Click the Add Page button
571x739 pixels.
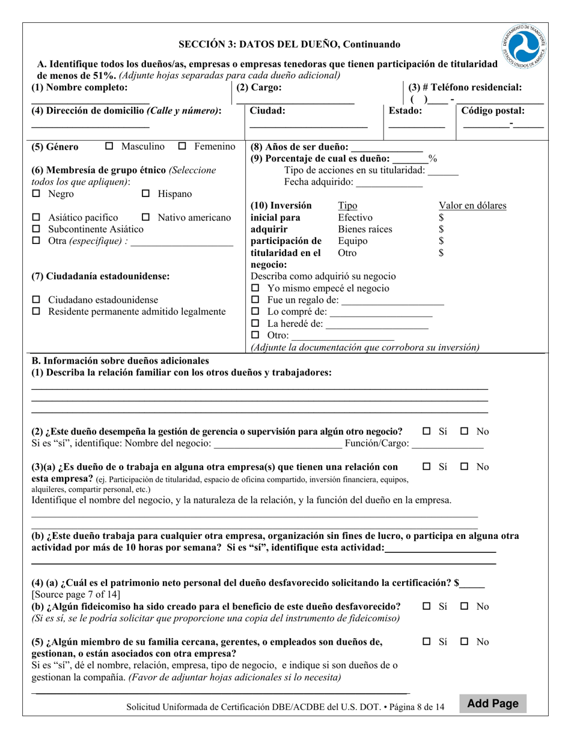[x=493, y=704]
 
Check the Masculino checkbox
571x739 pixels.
[x=109, y=146]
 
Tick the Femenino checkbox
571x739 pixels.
[x=183, y=146]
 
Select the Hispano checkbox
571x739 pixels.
[x=145, y=194]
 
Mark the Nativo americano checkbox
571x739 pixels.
[x=145, y=217]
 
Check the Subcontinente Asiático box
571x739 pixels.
[x=36, y=229]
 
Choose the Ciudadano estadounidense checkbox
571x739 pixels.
[x=36, y=300]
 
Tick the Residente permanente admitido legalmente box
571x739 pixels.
[x=36, y=312]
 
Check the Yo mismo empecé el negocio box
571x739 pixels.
[x=255, y=288]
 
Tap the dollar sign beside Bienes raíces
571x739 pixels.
[x=441, y=229]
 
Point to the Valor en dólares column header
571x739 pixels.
[x=472, y=205]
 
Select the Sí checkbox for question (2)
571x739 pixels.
[x=427, y=431]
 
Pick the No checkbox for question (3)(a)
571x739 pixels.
[x=465, y=467]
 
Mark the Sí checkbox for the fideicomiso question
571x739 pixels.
[x=427, y=606]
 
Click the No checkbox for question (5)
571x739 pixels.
[x=465, y=642]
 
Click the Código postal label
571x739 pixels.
[x=492, y=111]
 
